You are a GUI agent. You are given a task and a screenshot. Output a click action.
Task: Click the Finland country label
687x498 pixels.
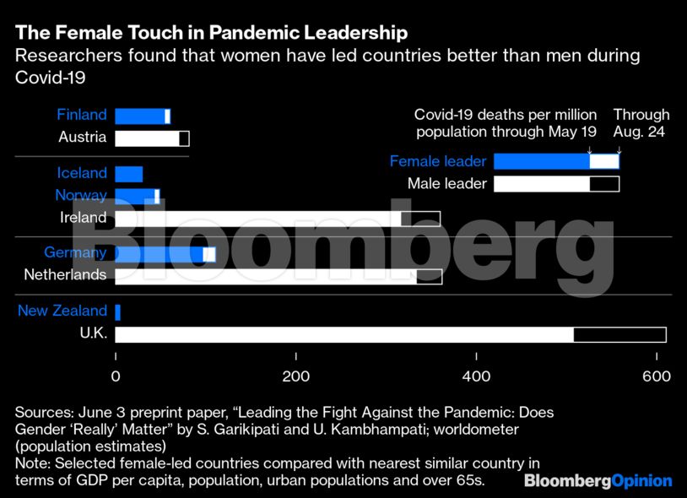[82, 116]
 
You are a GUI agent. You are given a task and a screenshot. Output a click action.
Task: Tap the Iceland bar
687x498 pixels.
[128, 174]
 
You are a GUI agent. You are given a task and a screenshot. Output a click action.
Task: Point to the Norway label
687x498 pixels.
[81, 196]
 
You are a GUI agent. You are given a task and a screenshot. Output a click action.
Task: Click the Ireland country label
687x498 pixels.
[84, 218]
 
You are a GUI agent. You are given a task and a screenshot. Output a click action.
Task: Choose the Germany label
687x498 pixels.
[75, 253]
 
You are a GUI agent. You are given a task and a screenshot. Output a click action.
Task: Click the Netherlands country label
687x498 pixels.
[65, 275]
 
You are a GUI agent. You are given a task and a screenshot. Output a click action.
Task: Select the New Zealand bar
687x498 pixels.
[118, 311]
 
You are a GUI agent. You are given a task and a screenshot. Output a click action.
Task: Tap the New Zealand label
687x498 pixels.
[62, 311]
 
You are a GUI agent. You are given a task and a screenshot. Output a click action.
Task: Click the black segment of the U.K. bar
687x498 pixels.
[619, 334]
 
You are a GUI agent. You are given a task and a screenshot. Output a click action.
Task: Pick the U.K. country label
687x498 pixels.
[93, 333]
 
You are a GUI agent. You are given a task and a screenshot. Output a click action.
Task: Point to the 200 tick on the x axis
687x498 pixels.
[296, 376]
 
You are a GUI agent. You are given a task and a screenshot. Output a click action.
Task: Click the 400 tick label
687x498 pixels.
[477, 376]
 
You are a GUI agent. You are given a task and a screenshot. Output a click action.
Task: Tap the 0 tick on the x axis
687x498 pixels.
[116, 376]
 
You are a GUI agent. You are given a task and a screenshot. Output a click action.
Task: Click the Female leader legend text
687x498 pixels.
[438, 161]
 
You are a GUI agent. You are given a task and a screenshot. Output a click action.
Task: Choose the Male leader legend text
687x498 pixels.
[447, 184]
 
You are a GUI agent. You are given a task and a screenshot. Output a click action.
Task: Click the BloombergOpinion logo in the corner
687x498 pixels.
[598, 481]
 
